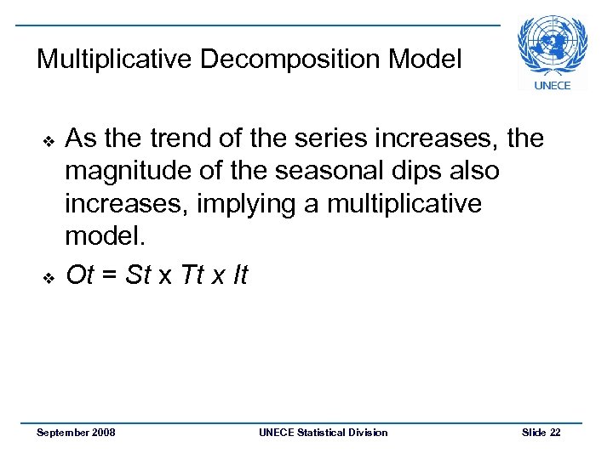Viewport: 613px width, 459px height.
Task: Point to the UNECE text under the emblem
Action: click(x=553, y=85)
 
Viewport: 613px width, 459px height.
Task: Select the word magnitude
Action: click(x=123, y=172)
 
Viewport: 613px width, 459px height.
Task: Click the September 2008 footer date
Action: click(x=77, y=433)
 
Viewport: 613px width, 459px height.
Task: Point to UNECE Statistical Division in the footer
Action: click(x=323, y=433)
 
